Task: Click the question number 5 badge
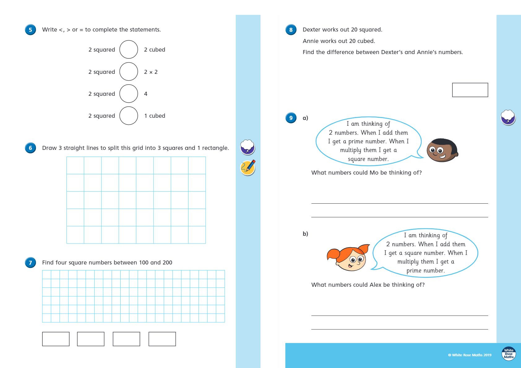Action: pyautogui.click(x=30, y=30)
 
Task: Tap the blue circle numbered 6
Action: pyautogui.click(x=30, y=148)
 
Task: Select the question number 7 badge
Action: pyautogui.click(x=30, y=263)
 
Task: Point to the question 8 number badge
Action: pyautogui.click(x=291, y=30)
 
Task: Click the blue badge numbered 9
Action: pyautogui.click(x=291, y=118)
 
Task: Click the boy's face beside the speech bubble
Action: pyautogui.click(x=442, y=150)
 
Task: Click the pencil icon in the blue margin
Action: pyautogui.click(x=248, y=167)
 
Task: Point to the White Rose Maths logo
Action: pyautogui.click(x=509, y=353)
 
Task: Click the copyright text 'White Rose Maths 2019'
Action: pyautogui.click(x=472, y=355)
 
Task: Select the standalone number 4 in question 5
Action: pyautogui.click(x=146, y=94)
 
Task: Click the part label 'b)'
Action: pyautogui.click(x=305, y=234)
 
